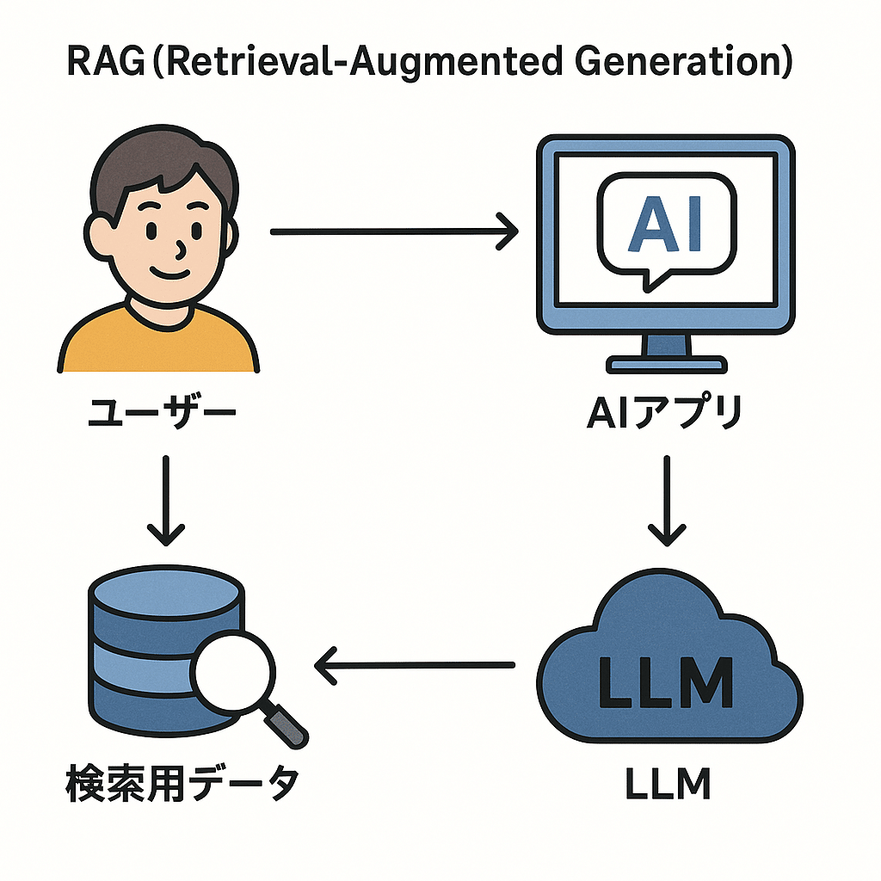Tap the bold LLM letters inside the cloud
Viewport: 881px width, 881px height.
[x=667, y=683]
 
